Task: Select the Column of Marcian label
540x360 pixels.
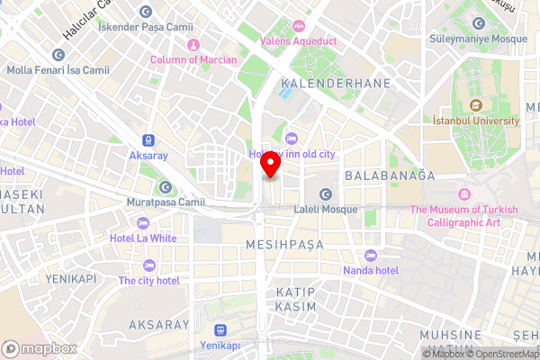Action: coord(193,59)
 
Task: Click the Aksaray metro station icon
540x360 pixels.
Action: coord(147,140)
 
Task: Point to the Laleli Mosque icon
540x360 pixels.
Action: coord(326,193)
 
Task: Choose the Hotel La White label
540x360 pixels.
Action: coord(143,238)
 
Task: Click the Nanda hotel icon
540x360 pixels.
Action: coord(370,254)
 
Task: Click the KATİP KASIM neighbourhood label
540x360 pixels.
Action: coord(296,300)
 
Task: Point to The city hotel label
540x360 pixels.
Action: coord(149,280)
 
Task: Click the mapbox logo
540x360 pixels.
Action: coord(38,348)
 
